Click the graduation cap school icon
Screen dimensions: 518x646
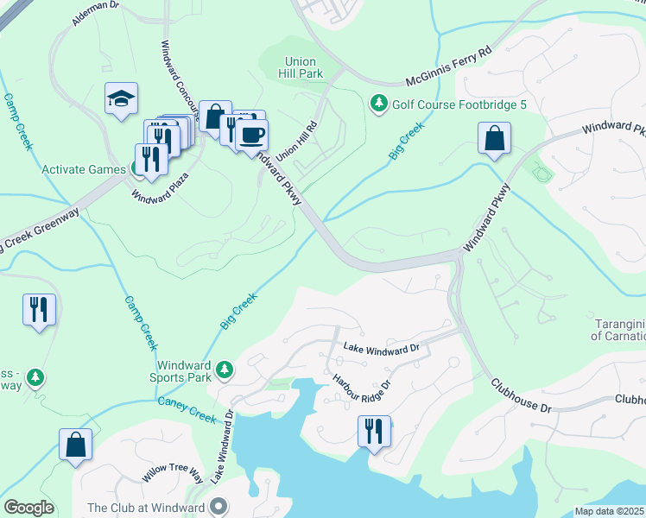[x=121, y=98]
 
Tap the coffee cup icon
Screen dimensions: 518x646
[x=252, y=136]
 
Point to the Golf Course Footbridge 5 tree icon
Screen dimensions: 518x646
[x=378, y=104]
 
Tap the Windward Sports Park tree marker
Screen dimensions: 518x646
[x=225, y=370]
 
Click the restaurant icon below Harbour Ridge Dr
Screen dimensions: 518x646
[x=374, y=431]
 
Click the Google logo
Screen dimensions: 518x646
[x=28, y=508]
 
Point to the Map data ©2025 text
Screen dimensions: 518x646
[x=610, y=511]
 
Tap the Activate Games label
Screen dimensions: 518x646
[x=84, y=169]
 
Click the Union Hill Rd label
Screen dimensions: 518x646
[x=296, y=138]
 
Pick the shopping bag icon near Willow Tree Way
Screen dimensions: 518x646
[x=75, y=445]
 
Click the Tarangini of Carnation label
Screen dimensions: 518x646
[x=619, y=330]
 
